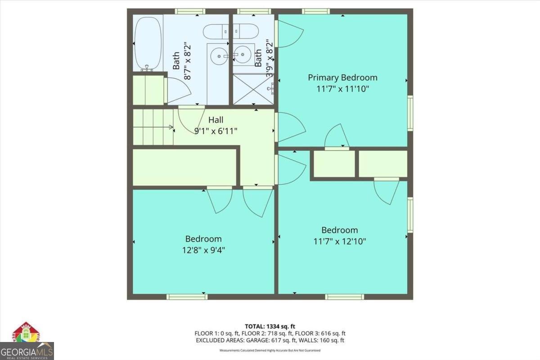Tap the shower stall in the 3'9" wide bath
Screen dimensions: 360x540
[253, 89]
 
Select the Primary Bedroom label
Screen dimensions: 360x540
[342, 77]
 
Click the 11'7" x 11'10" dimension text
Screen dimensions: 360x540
[342, 89]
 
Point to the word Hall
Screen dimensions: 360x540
[215, 120]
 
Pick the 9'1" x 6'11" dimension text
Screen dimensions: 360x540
[215, 131]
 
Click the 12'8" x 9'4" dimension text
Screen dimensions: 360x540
[203, 250]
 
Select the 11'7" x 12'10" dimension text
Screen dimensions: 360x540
[339, 241]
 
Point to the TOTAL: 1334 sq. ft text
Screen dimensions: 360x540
[270, 326]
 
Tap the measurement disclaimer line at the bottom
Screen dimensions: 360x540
[270, 350]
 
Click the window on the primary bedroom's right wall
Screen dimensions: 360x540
[410, 113]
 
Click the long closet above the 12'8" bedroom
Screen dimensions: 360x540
[184, 167]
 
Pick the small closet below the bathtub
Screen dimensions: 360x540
[148, 90]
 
